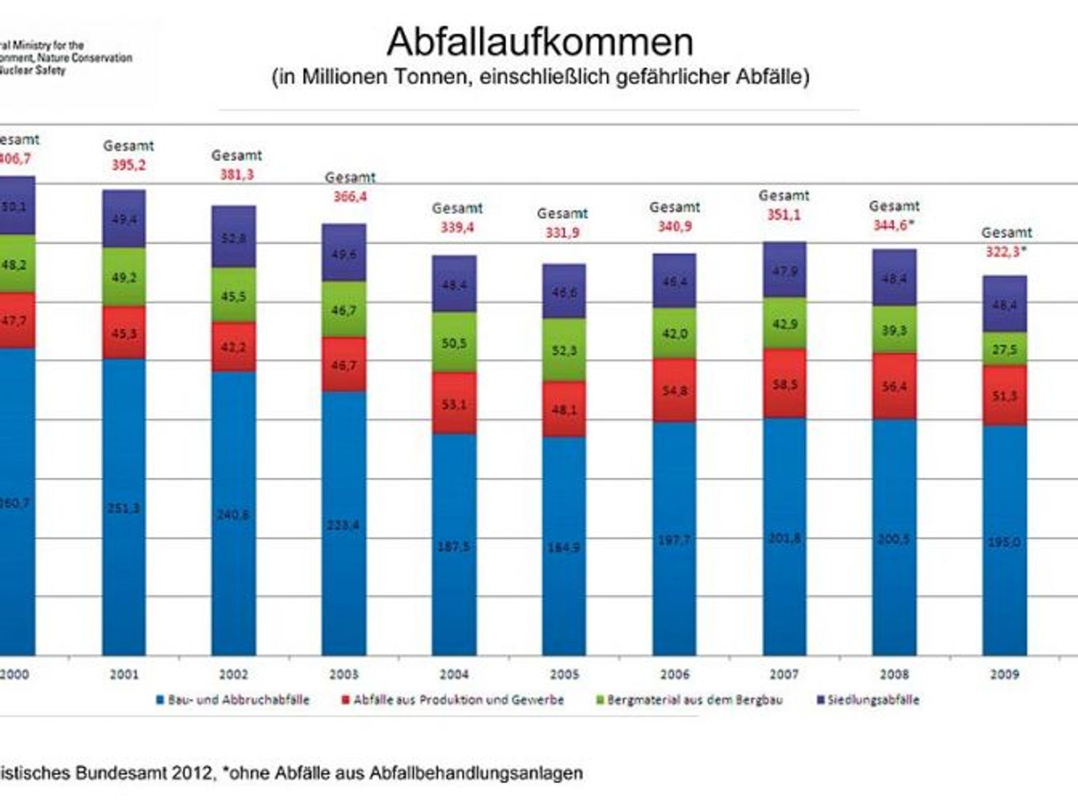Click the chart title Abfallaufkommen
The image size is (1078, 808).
(x=540, y=42)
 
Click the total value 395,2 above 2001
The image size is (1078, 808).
(x=128, y=165)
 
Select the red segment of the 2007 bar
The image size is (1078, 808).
(x=784, y=383)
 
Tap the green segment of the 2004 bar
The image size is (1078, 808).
(x=454, y=343)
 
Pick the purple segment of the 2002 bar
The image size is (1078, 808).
(x=234, y=237)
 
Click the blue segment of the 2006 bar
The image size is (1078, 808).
(x=674, y=539)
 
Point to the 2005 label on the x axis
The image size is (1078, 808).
(x=564, y=674)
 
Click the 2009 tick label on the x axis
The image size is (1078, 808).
(x=1004, y=674)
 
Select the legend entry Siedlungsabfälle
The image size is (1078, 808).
(x=873, y=700)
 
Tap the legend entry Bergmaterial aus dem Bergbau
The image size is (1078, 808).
(x=695, y=700)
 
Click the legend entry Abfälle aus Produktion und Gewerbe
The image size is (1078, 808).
(x=458, y=700)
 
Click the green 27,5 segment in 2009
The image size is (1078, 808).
(x=1005, y=349)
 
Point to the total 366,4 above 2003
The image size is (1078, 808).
(x=350, y=197)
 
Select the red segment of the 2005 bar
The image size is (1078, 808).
(x=564, y=409)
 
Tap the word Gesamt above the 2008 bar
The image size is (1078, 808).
(x=894, y=206)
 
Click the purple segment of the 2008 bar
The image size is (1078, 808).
(x=894, y=278)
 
